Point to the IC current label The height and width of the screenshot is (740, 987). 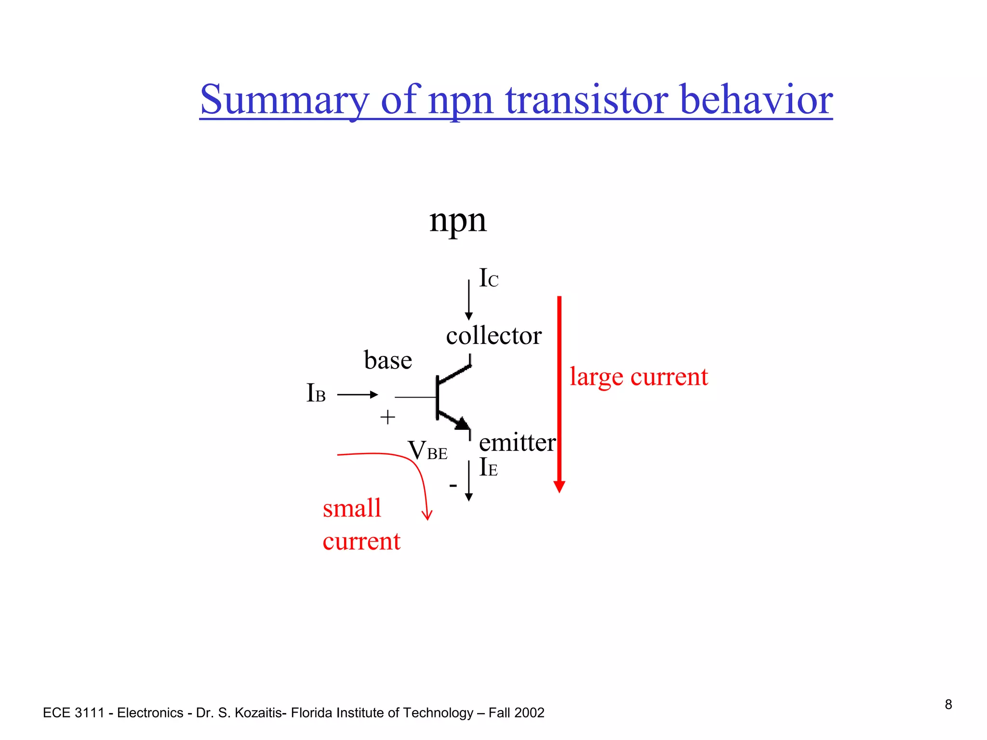point(488,278)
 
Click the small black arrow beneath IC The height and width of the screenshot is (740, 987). point(468,300)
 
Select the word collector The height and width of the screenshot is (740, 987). point(493,336)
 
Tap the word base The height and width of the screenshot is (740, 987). point(388,360)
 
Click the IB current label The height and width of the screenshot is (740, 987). point(316,393)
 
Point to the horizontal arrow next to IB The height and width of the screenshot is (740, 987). point(357,395)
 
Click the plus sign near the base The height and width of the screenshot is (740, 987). point(387,417)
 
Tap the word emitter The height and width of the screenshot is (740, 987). point(517,442)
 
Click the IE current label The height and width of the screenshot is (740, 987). point(488,467)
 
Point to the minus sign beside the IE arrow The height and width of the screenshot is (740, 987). point(453,485)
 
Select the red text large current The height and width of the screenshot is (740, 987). point(639,377)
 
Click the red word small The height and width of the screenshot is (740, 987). point(352,508)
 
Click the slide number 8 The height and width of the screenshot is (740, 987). point(948,705)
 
